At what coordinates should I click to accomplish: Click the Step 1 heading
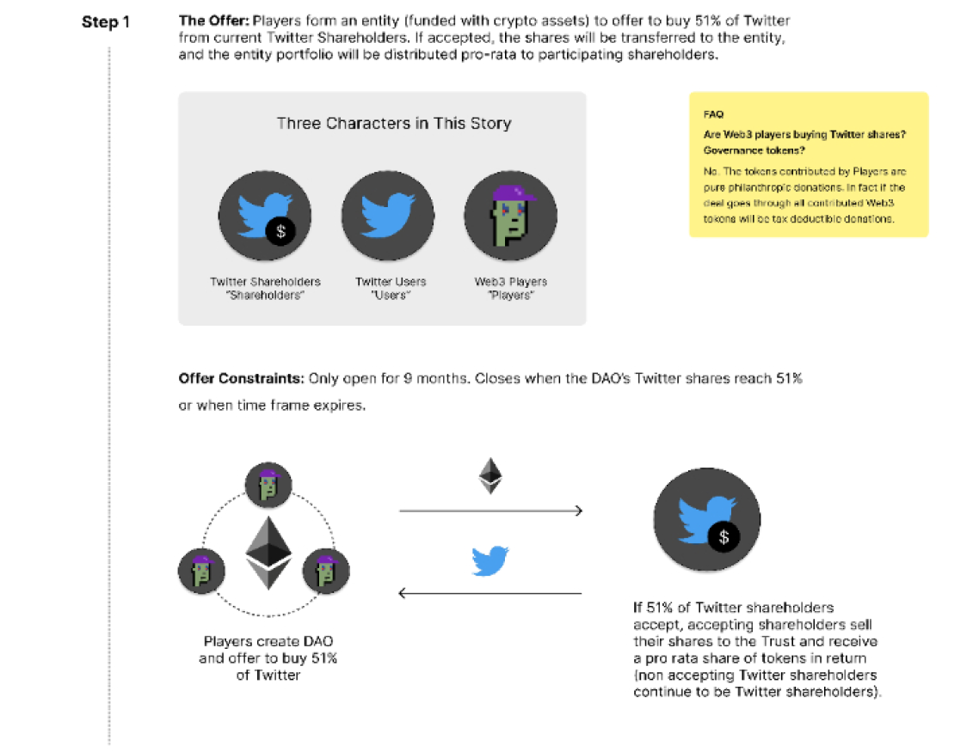tap(106, 21)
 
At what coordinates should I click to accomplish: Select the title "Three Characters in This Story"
tap(394, 123)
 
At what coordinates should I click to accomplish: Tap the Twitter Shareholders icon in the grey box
tap(264, 214)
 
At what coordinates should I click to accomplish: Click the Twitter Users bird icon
tap(388, 214)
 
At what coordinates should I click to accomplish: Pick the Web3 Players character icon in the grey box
tap(511, 214)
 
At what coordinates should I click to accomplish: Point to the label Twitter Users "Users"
tap(391, 288)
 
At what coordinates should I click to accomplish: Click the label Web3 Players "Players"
tap(511, 288)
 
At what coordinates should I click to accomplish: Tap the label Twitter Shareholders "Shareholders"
tap(265, 288)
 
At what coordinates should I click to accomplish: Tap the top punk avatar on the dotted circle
tap(268, 486)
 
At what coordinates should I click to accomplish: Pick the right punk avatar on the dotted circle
tap(325, 570)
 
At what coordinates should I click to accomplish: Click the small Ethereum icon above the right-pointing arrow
tap(490, 475)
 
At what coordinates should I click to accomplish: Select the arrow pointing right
tap(491, 511)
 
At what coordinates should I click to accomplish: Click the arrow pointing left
tap(490, 593)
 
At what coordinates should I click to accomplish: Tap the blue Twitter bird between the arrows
tap(490, 559)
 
